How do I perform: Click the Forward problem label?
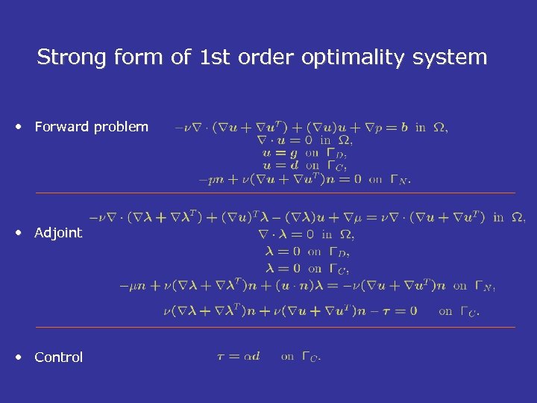click(91, 127)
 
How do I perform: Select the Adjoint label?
click(58, 233)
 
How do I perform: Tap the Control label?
click(58, 357)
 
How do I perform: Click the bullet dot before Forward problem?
click(20, 127)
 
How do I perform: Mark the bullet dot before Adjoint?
click(20, 233)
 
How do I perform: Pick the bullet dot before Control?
click(20, 357)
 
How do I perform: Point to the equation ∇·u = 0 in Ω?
click(304, 140)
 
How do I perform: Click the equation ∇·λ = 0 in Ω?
click(306, 234)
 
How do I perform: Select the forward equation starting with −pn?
click(304, 179)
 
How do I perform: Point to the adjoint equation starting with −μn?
click(307, 285)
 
